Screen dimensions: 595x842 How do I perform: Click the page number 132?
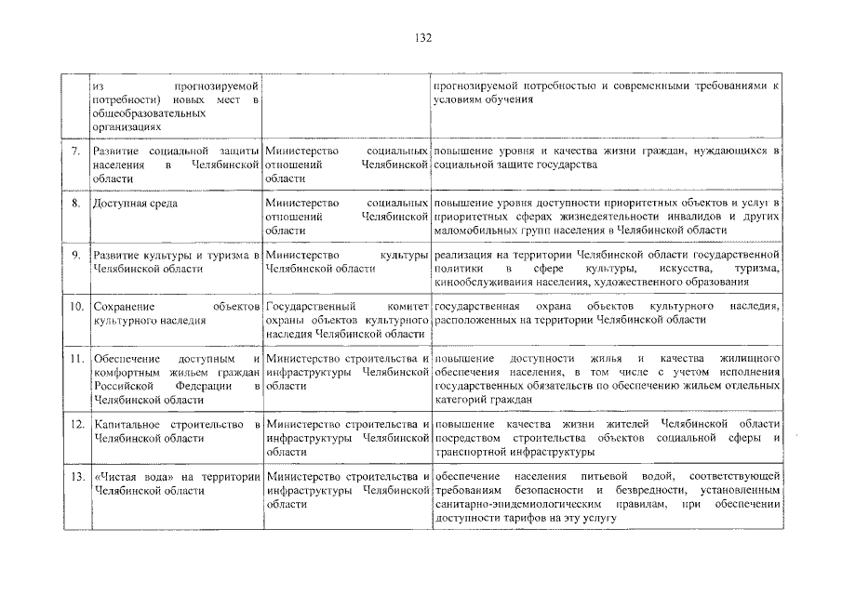421,38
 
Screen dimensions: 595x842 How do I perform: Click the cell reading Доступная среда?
135,202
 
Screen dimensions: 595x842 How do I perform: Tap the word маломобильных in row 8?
475,230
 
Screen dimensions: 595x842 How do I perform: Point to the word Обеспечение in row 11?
127,358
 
